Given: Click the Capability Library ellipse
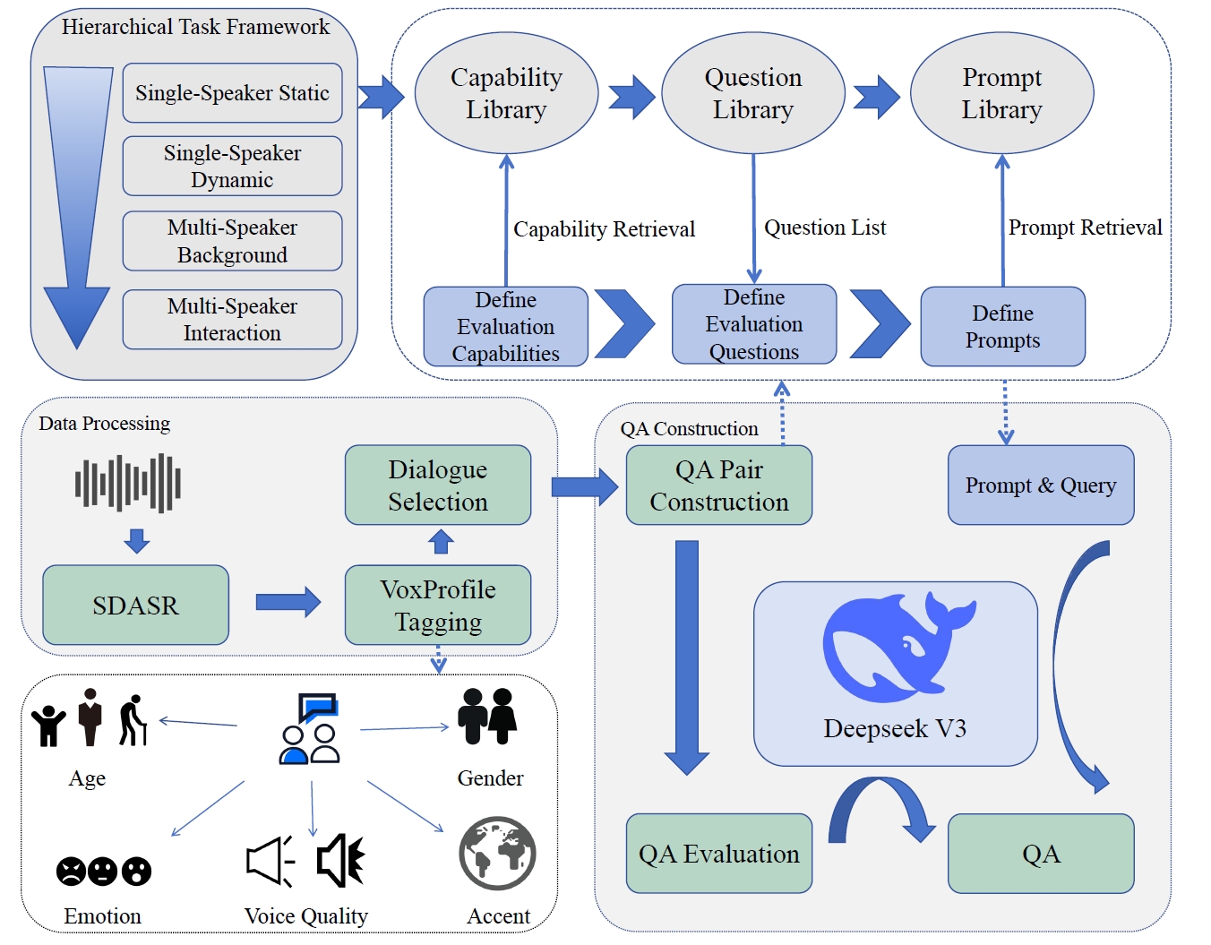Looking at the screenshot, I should coord(506,93).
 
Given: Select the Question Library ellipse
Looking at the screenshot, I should coord(752,93).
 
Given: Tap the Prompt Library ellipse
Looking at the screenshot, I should coord(1001,93).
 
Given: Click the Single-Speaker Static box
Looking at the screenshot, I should coord(232,93).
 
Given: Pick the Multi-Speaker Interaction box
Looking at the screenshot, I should coord(232,320).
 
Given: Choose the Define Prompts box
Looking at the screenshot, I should coord(1002,327).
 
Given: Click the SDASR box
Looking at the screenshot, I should coord(135,606).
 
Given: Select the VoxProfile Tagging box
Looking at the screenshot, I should coord(438,606).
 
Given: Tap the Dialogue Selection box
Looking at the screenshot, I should coord(438,485).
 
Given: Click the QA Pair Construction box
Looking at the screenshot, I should coord(718,485).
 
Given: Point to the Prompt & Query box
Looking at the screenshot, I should coord(1041,485).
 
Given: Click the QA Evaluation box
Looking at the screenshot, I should coord(718,854).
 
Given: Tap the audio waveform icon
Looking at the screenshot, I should coord(128,484).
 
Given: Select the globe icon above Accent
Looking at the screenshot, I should coord(497,854).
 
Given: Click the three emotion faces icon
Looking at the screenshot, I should coord(104,871).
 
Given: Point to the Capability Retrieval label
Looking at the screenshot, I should coord(604,229).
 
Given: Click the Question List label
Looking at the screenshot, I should coord(825,228).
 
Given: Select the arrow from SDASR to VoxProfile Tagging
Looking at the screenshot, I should coord(288,602).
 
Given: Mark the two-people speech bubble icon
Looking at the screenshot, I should coord(310,729).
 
